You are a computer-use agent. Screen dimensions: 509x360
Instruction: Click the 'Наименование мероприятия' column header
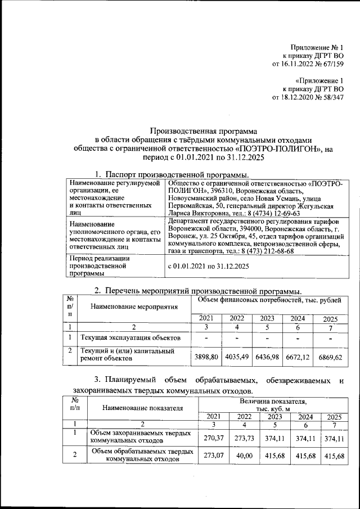[130, 307]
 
